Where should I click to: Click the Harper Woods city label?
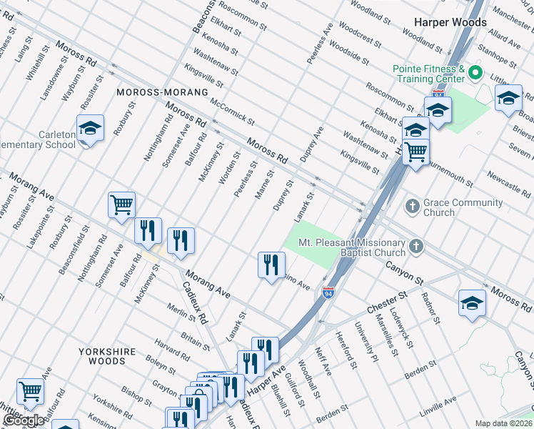pos(448,22)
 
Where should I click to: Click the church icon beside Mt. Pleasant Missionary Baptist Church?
pos(416,247)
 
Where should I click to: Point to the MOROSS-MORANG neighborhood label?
pos(163,93)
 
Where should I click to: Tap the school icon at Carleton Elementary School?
pos(91,129)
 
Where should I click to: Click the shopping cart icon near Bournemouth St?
pos(415,151)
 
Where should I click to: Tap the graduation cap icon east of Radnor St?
pos(472,303)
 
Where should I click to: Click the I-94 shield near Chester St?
pos(328,293)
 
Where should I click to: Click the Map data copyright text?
pos(504,423)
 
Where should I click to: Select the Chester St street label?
pos(387,301)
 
